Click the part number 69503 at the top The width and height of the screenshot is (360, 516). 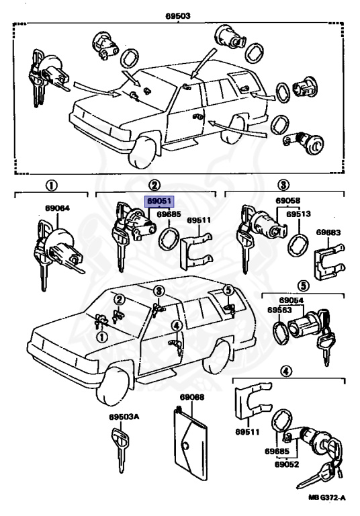click(178, 16)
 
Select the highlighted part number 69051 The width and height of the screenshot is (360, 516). click(159, 201)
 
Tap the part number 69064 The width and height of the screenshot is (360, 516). click(57, 208)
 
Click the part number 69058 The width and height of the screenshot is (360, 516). click(288, 200)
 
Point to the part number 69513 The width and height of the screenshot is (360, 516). click(298, 214)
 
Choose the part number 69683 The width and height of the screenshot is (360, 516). click(328, 232)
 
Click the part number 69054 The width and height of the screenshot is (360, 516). click(291, 300)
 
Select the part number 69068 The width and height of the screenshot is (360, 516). click(192, 397)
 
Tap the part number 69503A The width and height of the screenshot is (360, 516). click(124, 417)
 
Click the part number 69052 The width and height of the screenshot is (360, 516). click(287, 464)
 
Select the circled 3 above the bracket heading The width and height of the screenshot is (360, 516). click(283, 185)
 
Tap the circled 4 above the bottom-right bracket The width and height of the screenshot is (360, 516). click(285, 372)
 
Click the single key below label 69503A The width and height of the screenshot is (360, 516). click(120, 450)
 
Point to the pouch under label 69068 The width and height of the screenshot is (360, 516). click(191, 442)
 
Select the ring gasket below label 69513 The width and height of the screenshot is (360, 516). click(299, 245)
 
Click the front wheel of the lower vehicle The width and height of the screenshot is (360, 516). click(114, 387)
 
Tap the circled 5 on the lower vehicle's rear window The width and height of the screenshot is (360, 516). click(228, 290)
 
